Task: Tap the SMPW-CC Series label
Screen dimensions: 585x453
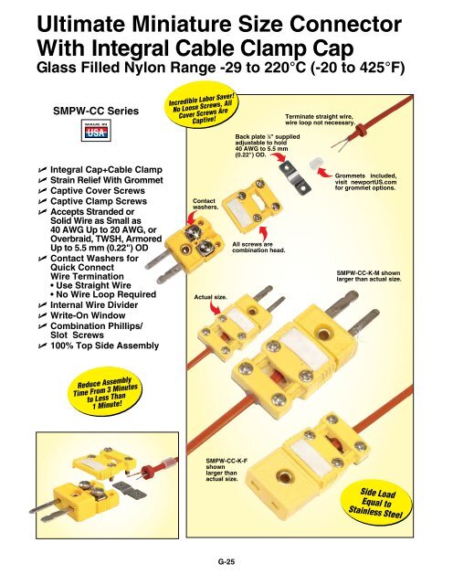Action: coord(83,111)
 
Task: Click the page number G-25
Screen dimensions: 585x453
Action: coord(226,564)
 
